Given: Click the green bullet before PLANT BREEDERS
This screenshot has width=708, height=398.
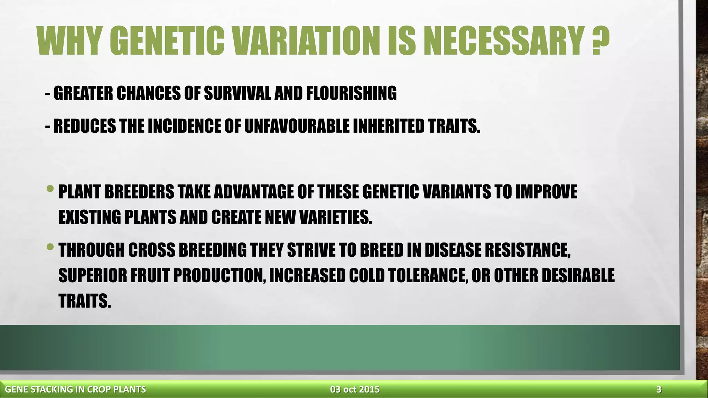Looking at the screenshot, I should (x=50, y=189).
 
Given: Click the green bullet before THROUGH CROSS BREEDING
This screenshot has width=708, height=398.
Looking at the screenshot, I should (x=50, y=247).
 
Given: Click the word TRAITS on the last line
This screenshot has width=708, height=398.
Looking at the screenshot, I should (x=85, y=301).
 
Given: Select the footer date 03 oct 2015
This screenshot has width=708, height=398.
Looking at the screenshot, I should (x=355, y=390).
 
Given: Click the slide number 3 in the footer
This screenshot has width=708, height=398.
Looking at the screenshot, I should (x=659, y=390).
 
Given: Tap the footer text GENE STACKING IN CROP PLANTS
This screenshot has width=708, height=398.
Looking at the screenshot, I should (x=75, y=390).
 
